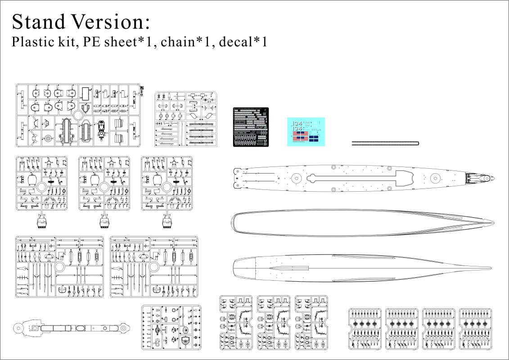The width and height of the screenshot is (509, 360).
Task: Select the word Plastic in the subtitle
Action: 32,43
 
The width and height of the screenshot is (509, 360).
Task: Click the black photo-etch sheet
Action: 251,127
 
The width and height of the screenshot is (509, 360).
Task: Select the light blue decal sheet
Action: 306,131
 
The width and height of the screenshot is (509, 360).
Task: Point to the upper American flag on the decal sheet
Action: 302,134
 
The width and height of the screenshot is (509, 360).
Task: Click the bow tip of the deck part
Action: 493,178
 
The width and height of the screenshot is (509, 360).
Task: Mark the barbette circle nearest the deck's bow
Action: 434,178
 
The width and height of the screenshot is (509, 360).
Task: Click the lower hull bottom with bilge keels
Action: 360,268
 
